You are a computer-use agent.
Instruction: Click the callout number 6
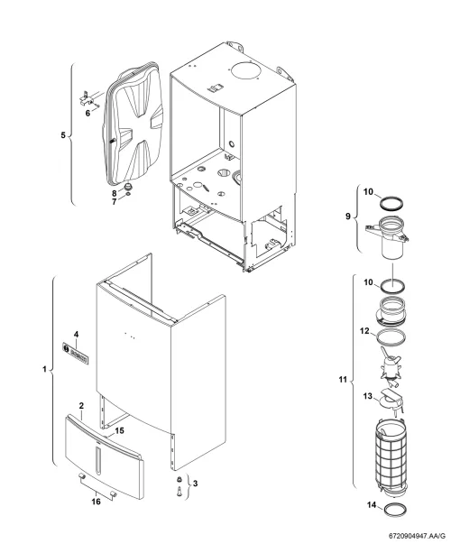(x=87, y=113)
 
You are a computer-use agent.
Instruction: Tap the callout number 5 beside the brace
(x=63, y=135)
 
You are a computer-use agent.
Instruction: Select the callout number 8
(x=115, y=193)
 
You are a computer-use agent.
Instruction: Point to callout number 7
(x=115, y=201)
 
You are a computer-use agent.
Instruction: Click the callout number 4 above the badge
(x=77, y=335)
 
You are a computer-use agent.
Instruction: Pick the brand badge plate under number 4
(x=75, y=353)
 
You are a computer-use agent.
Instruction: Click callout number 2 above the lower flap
(x=81, y=405)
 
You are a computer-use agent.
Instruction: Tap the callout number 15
(x=119, y=430)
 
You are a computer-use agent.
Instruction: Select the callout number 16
(x=97, y=502)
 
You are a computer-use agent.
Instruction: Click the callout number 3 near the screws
(x=196, y=484)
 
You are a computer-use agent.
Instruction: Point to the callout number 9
(x=348, y=217)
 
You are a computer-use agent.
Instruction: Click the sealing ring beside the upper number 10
(x=391, y=203)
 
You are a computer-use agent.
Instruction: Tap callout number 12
(x=364, y=331)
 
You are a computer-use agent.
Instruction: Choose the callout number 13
(x=368, y=396)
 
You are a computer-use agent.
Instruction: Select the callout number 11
(x=343, y=380)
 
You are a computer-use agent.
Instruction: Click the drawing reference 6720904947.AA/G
(x=423, y=536)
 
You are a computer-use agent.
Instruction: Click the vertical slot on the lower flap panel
(x=98, y=460)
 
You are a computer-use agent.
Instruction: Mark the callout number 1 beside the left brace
(x=44, y=369)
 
